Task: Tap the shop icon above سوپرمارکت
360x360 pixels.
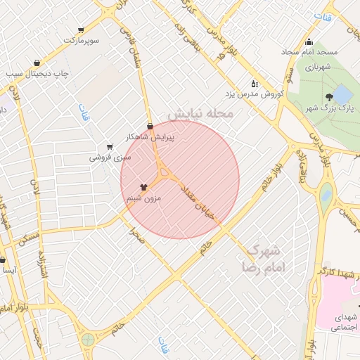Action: click(82, 30)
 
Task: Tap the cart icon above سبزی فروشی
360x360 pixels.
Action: click(110, 147)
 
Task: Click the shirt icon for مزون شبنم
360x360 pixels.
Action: click(144, 188)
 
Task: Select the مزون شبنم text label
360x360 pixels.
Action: click(144, 199)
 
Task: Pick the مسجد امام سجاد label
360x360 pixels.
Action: click(310, 53)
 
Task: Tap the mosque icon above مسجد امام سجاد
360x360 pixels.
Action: click(309, 41)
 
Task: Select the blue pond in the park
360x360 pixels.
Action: click(343, 94)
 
